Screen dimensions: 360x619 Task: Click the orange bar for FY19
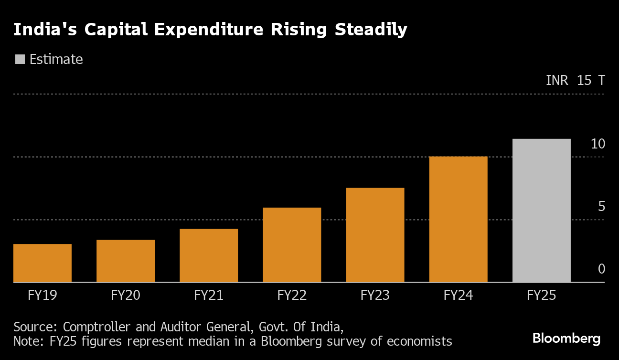[43, 263]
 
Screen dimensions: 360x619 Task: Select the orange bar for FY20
[126, 261]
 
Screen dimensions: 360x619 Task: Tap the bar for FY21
[209, 255]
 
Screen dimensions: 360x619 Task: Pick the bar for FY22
[292, 245]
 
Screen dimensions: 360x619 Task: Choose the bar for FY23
[375, 235]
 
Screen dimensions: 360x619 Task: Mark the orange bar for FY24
[458, 219]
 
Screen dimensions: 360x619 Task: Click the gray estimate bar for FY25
[541, 211]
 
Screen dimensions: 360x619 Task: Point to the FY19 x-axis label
[43, 296]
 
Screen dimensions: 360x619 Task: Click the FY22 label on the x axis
[292, 296]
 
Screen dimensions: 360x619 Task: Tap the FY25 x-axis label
[541, 296]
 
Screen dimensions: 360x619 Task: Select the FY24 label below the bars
[458, 296]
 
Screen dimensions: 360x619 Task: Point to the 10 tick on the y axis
[598, 144]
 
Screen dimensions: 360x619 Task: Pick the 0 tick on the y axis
[601, 269]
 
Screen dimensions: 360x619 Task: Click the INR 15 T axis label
[575, 80]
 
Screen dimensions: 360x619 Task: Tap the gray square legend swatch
[20, 59]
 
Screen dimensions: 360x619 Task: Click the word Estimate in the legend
[56, 59]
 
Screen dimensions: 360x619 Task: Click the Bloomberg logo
[566, 339]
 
